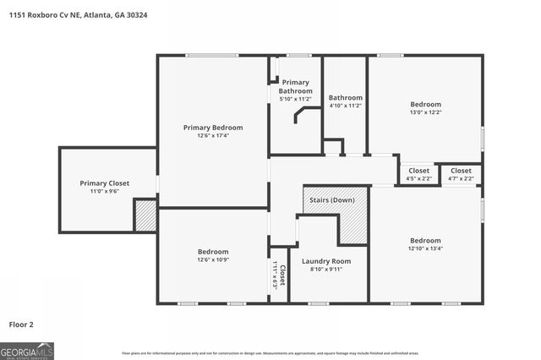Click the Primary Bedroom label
(x=213, y=128)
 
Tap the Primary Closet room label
(x=105, y=183)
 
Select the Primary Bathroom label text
(x=295, y=86)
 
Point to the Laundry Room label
(x=325, y=261)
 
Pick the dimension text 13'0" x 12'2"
(x=425, y=112)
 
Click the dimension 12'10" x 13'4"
(x=425, y=248)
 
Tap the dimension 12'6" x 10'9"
(x=213, y=260)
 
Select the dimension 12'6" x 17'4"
(x=213, y=135)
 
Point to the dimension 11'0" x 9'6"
(x=105, y=191)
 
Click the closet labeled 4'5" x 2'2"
(x=418, y=174)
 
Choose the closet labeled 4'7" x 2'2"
(x=461, y=174)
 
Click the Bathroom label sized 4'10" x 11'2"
(x=345, y=101)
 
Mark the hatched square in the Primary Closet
(x=145, y=215)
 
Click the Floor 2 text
(x=23, y=324)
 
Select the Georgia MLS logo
(x=27, y=350)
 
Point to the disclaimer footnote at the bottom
(x=270, y=352)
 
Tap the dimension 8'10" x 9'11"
(x=325, y=270)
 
